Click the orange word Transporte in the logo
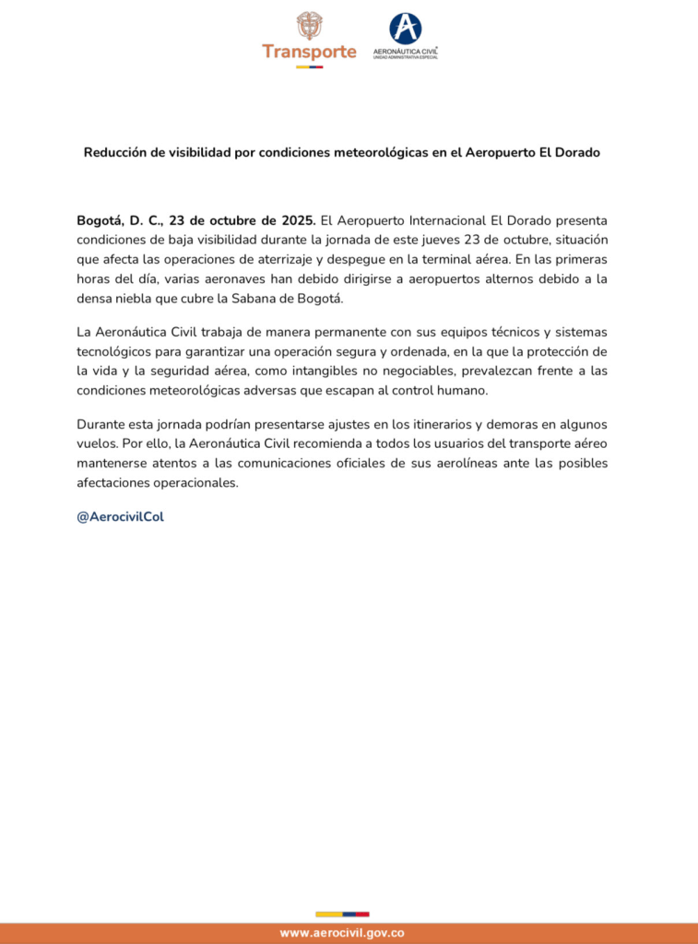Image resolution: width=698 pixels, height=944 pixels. pyautogui.click(x=309, y=52)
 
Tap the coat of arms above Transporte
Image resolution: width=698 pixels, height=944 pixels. pyautogui.click(x=310, y=25)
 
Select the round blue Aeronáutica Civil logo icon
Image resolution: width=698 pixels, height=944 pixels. pyautogui.click(x=405, y=28)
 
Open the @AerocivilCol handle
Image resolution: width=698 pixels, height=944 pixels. pyautogui.click(x=120, y=516)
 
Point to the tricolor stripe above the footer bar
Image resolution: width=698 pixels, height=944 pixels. pyautogui.click(x=342, y=914)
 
